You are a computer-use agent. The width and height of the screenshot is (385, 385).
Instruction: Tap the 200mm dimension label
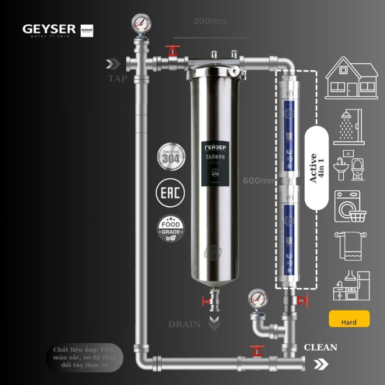(210, 21)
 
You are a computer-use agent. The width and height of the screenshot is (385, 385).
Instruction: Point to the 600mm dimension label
(258, 180)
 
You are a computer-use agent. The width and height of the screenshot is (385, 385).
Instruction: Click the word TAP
(117, 78)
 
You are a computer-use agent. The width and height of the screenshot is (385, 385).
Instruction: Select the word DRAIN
(184, 324)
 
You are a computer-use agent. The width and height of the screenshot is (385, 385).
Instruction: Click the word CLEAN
(321, 347)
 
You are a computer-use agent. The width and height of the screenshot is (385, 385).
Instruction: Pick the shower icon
(348, 127)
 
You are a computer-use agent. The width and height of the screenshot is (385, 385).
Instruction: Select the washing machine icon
(348, 206)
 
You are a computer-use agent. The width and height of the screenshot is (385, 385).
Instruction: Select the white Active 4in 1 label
(316, 168)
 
